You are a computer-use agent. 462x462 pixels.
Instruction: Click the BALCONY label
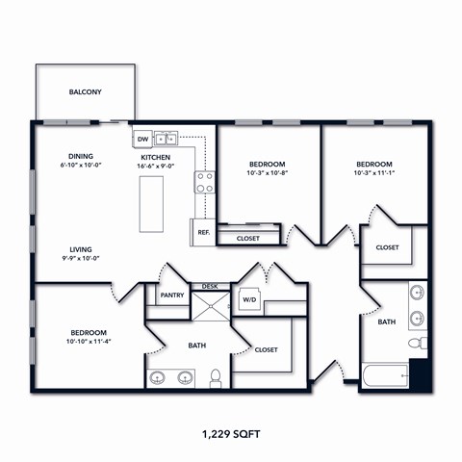click(x=86, y=92)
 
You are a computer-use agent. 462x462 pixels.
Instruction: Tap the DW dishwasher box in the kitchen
click(x=141, y=138)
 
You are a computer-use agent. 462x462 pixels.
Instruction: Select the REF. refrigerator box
click(x=203, y=232)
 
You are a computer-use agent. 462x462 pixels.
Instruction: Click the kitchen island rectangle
click(x=154, y=203)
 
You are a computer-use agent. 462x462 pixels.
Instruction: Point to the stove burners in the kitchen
click(x=205, y=183)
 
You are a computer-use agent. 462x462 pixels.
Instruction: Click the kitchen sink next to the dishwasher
click(x=167, y=138)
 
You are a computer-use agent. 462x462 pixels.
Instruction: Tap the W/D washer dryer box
click(x=248, y=298)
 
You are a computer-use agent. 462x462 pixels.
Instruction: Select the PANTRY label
click(x=172, y=295)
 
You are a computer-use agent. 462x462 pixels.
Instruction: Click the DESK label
click(x=209, y=286)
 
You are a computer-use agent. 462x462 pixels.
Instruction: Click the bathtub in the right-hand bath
click(x=385, y=373)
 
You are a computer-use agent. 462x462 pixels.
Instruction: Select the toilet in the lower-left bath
click(x=217, y=377)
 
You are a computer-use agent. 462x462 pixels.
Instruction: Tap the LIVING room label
click(x=80, y=248)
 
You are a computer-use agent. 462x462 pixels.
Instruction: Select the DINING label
click(x=80, y=156)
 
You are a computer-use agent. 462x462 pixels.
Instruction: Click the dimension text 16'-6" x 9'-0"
click(x=157, y=167)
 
